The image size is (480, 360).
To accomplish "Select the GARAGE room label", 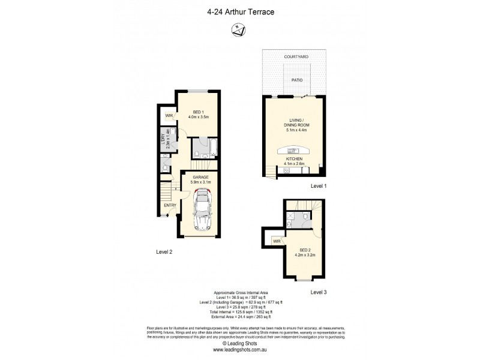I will click(200, 178).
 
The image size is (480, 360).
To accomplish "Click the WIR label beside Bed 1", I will click(169, 115).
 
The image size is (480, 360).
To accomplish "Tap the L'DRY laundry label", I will click(163, 140).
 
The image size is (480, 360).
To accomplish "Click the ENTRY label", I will click(170, 206).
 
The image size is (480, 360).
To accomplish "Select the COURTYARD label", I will click(296, 56).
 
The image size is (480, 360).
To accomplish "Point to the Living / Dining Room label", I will click(295, 124).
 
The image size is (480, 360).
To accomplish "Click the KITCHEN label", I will click(294, 159).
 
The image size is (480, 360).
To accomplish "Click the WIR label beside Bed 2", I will click(277, 241).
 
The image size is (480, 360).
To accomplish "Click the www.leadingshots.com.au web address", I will click(239, 350).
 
